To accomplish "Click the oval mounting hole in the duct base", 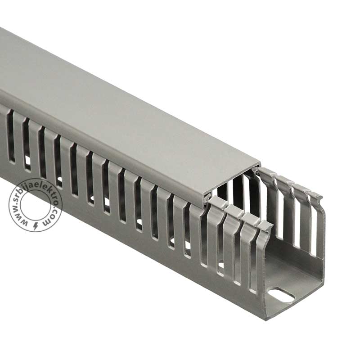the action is pos(281,295).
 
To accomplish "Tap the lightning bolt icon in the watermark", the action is pos(36,226).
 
